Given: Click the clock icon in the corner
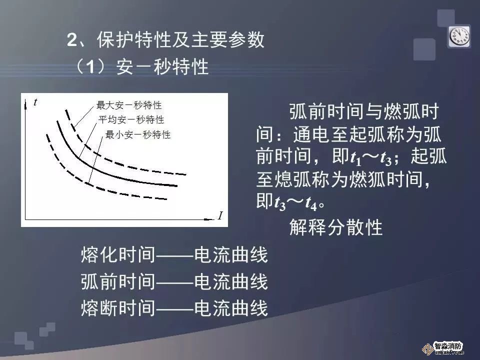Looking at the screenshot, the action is (x=459, y=36).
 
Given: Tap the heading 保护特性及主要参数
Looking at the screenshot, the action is (x=180, y=39).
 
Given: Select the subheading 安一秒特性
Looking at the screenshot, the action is (x=162, y=66).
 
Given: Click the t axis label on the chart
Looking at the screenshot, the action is (x=35, y=102).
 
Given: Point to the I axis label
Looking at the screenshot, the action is (x=220, y=216).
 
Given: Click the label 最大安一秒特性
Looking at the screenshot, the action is (x=129, y=105).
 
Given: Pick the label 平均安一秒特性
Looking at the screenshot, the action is (x=131, y=119).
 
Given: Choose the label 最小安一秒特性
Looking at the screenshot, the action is (x=138, y=134).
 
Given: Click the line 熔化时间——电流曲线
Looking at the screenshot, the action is (x=174, y=254).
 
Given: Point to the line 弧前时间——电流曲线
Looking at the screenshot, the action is (x=174, y=281).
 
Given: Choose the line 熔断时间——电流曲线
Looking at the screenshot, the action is (x=174, y=308).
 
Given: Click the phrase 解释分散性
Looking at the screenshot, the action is (x=336, y=227).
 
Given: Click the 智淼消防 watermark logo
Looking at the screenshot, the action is (x=443, y=348).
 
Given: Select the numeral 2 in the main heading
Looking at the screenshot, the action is (x=72, y=40).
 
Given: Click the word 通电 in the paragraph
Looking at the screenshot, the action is (x=311, y=134).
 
